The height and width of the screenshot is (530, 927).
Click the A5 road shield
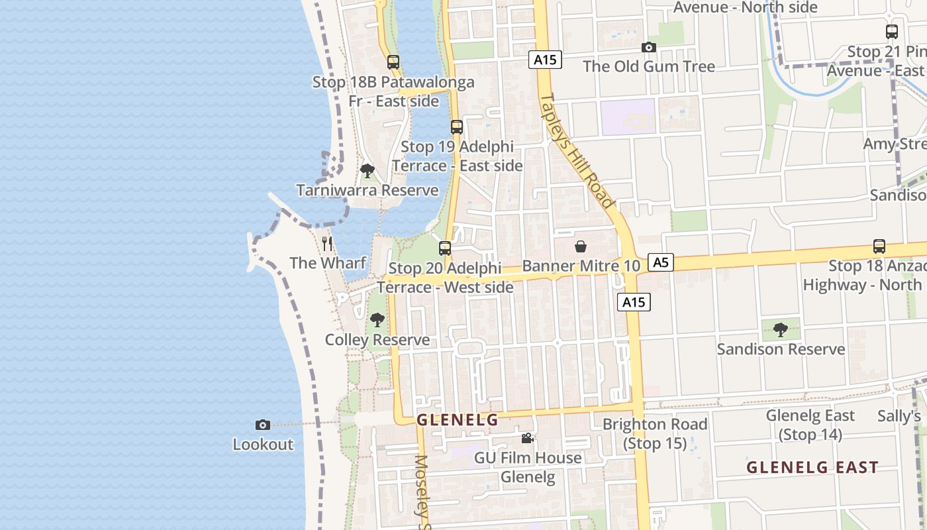click(x=660, y=262)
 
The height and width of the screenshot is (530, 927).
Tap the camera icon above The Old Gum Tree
click(x=648, y=47)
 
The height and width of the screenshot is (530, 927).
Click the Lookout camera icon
click(x=263, y=425)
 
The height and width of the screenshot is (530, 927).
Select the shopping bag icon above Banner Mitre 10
click(x=581, y=246)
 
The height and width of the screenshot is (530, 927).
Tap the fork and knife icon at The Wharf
click(x=327, y=243)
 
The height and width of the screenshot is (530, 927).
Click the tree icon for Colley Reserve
click(x=377, y=321)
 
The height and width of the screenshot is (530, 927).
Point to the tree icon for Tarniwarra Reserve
click(x=367, y=171)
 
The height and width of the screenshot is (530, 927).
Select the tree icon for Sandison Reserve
click(x=781, y=329)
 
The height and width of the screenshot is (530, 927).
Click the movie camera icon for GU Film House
click(x=527, y=438)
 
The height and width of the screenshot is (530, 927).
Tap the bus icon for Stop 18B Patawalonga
click(x=393, y=62)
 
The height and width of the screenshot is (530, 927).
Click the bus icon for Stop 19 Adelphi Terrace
click(x=456, y=127)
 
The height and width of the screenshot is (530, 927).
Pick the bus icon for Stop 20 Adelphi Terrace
click(x=445, y=248)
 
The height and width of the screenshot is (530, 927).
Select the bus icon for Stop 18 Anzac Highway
click(x=879, y=246)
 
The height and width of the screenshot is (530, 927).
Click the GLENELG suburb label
click(x=457, y=420)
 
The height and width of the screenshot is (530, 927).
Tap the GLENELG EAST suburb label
click(x=812, y=467)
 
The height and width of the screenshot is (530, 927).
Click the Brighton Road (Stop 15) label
click(x=655, y=433)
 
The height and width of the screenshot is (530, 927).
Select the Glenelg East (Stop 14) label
click(x=810, y=425)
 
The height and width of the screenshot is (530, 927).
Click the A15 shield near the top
click(x=546, y=60)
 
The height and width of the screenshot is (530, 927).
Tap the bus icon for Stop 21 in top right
click(x=892, y=31)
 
